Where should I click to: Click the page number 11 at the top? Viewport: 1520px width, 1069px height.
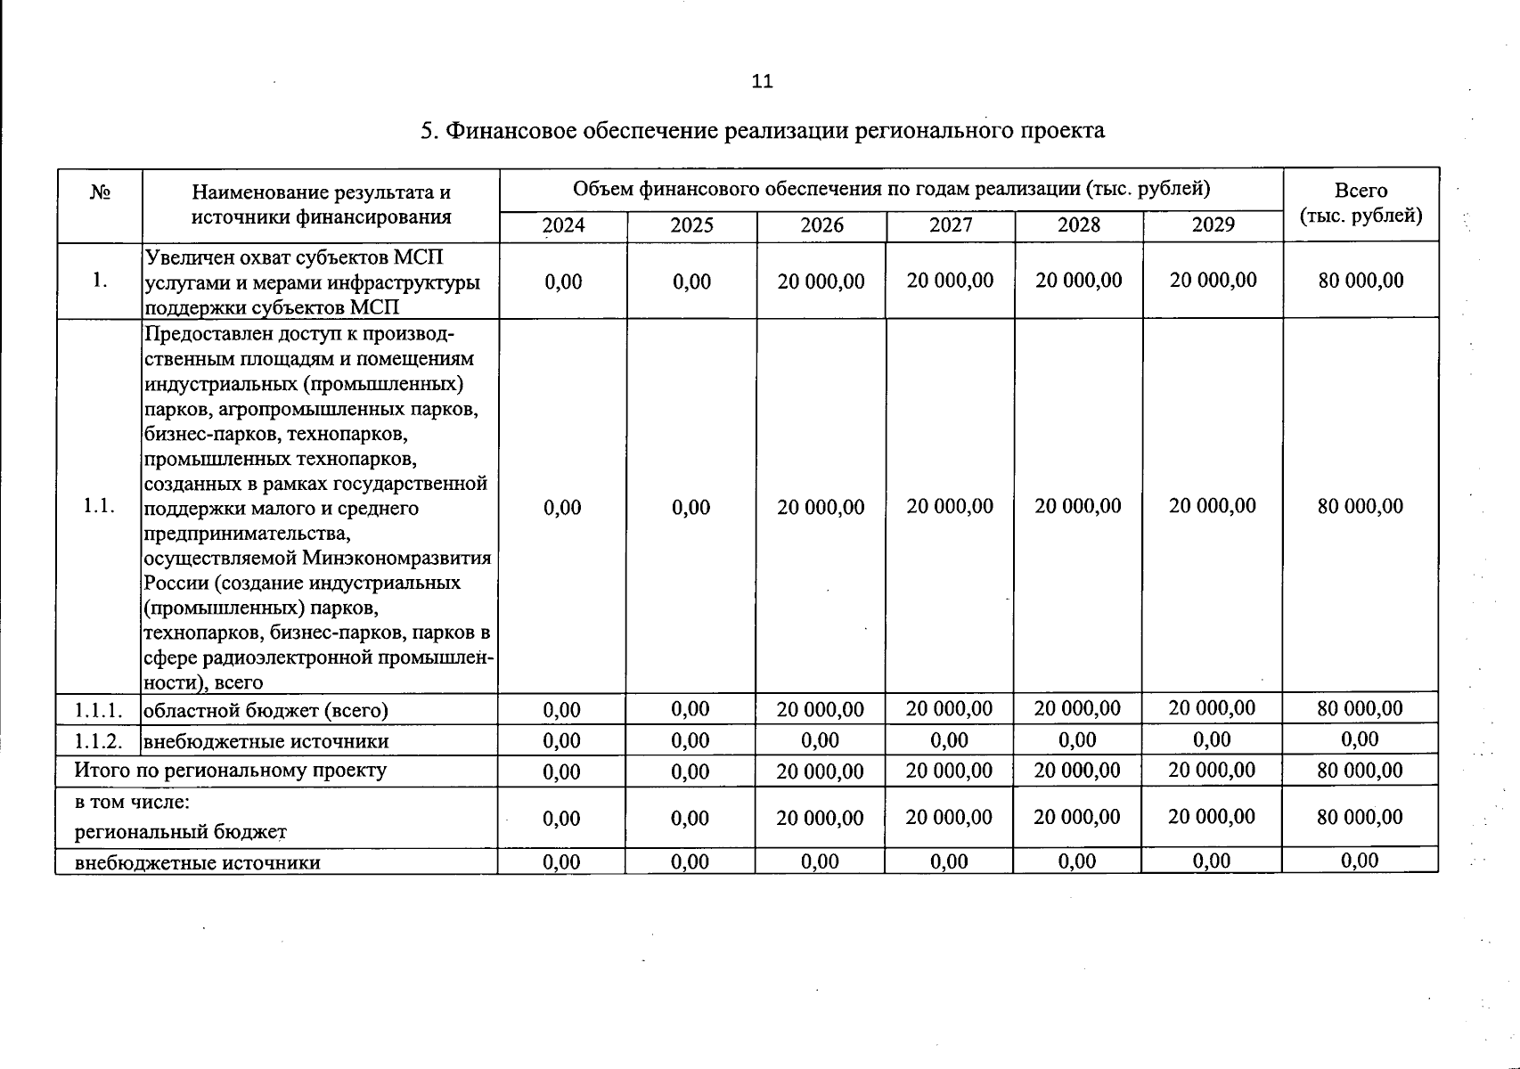(x=762, y=81)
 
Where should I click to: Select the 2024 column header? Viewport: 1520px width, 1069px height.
(x=563, y=225)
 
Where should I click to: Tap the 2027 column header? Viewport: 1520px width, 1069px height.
(x=951, y=225)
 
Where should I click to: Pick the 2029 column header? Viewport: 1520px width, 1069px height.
(x=1213, y=225)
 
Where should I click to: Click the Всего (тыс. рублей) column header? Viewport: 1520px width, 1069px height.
(x=1361, y=203)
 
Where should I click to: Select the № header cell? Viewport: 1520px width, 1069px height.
(x=100, y=192)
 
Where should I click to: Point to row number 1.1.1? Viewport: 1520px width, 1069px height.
(x=98, y=710)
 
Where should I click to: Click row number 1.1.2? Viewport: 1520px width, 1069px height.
(x=98, y=741)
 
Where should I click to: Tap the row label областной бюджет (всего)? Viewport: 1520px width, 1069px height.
(x=266, y=710)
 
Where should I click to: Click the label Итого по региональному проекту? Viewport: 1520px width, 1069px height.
(x=230, y=770)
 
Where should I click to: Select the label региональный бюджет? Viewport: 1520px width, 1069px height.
(x=181, y=832)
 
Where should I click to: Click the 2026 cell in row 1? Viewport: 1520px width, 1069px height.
(x=821, y=282)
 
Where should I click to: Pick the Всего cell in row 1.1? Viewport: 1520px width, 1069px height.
(x=1360, y=506)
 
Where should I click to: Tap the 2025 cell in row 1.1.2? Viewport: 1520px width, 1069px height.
(x=691, y=740)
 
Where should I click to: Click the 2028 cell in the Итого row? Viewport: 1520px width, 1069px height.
(x=1077, y=770)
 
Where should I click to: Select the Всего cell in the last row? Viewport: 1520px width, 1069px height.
(x=1360, y=861)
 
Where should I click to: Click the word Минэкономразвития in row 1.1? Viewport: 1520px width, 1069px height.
(x=396, y=558)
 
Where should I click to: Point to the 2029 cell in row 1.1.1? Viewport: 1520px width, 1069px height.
(x=1212, y=708)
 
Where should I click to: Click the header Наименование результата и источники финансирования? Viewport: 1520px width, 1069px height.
(x=321, y=205)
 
